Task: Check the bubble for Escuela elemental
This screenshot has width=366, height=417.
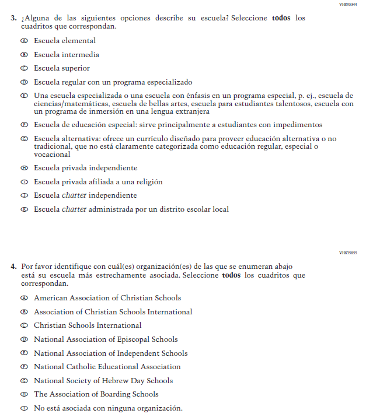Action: tap(24, 41)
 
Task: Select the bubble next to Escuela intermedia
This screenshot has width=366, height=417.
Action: tap(24, 55)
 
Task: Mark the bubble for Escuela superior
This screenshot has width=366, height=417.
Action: tap(24, 68)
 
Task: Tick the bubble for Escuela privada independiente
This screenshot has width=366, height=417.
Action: tap(24, 168)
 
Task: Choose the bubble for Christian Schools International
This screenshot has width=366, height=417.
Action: tap(24, 325)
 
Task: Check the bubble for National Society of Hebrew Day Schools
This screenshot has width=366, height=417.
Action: tap(24, 381)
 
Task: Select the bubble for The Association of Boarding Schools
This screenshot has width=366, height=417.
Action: tap(24, 395)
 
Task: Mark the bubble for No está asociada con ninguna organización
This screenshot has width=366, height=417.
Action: tap(24, 408)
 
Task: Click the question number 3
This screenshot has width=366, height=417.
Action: tap(13, 18)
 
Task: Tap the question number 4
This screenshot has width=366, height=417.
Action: tap(13, 266)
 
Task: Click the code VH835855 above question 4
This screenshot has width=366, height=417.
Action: tap(348, 253)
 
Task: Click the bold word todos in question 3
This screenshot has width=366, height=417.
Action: tap(281, 18)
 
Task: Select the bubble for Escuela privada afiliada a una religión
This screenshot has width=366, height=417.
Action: tap(24, 182)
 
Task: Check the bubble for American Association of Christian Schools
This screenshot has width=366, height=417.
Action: tap(24, 298)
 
